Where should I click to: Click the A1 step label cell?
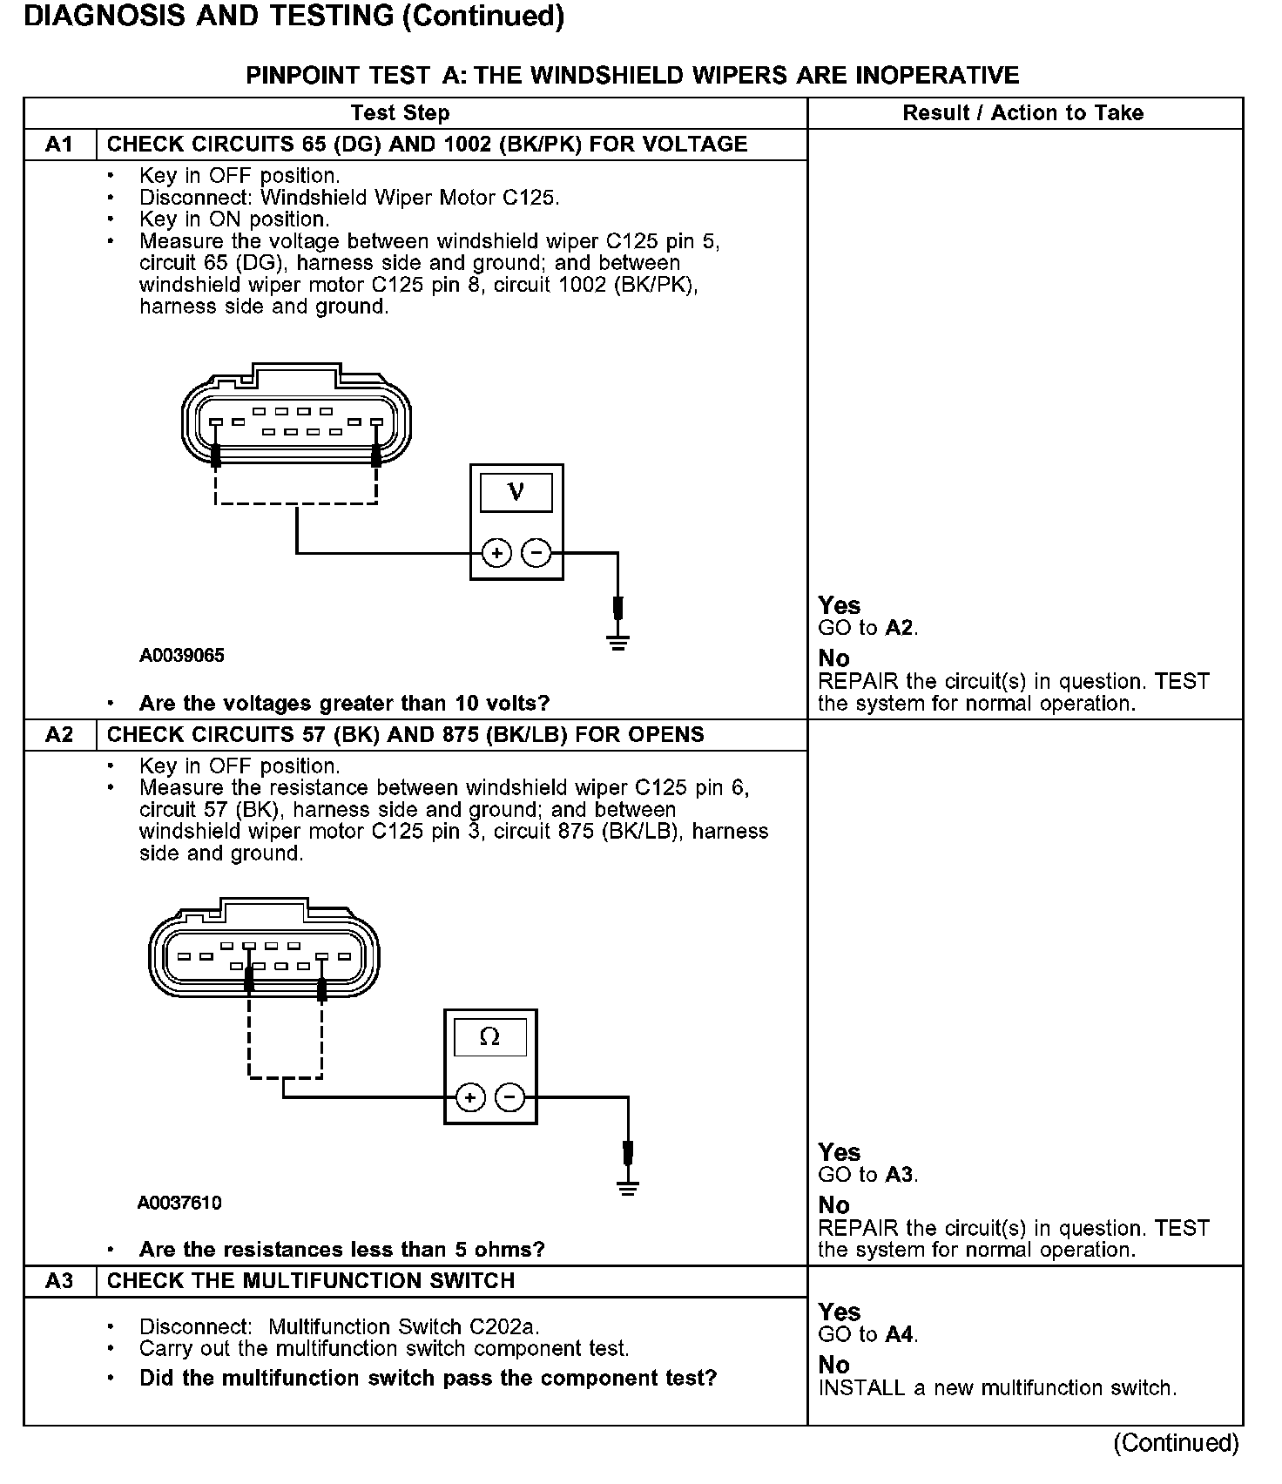click(59, 145)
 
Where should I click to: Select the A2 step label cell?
click(59, 735)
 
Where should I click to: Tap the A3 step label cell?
click(59, 1281)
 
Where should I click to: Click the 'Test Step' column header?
click(401, 113)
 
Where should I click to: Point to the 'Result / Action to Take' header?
click(1023, 113)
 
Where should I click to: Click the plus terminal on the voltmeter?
click(496, 553)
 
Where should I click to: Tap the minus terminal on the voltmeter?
click(536, 553)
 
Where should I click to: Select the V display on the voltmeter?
click(516, 493)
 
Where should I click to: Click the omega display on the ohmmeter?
click(489, 1037)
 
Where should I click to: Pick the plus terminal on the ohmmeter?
click(470, 1098)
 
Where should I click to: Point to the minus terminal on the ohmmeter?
click(510, 1098)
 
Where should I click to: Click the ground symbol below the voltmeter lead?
click(618, 644)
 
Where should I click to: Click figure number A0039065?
click(182, 656)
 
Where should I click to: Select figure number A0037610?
click(179, 1203)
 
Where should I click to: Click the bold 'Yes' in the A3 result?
click(840, 1312)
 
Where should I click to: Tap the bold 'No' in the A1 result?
click(834, 658)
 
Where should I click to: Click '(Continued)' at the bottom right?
click(1176, 1443)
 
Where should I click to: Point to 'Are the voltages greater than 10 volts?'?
click(344, 703)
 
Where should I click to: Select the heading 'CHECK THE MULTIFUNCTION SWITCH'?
click(311, 1281)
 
